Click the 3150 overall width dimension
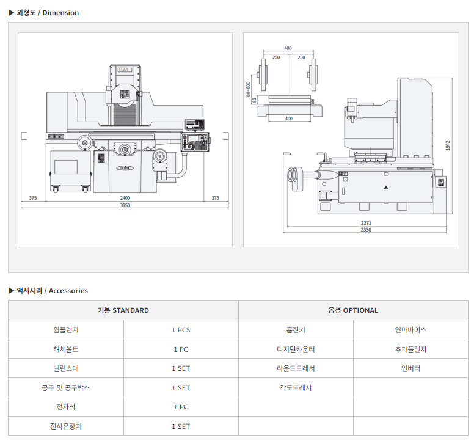coord(125,205)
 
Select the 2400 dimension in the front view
coord(125,198)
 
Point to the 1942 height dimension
coord(448,145)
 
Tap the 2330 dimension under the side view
coord(366,230)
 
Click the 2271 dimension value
coord(366,223)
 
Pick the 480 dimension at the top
coord(288,48)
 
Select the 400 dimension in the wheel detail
coord(288,119)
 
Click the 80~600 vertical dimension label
coord(249,89)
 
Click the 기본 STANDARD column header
coord(123,310)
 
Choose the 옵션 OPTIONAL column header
coord(353,310)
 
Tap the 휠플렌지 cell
coord(66,330)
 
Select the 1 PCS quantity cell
coord(181,330)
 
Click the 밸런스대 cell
coord(66,368)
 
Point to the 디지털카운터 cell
coord(296,350)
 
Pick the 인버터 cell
coord(410,368)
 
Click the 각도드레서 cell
coord(296,388)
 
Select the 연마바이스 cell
coord(410,330)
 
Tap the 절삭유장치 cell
coord(66,427)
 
